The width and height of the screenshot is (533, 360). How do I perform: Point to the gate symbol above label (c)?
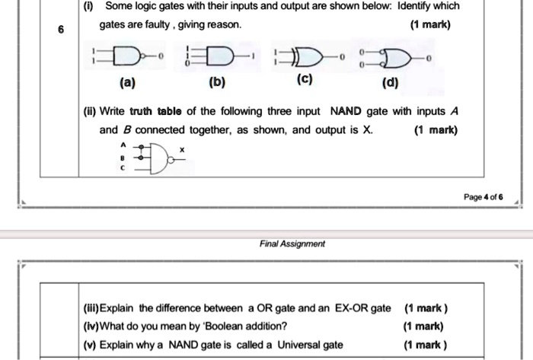click(x=304, y=57)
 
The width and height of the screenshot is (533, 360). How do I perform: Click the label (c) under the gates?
click(x=303, y=79)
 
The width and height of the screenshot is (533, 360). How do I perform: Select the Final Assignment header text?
click(x=292, y=244)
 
